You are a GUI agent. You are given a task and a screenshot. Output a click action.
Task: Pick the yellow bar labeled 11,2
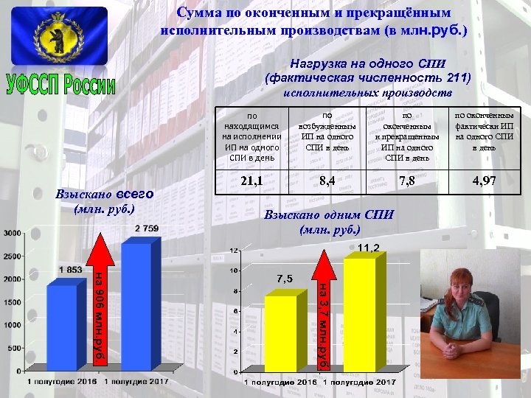(x=358, y=313)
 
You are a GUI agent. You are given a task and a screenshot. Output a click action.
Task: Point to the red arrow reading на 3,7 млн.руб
(x=322, y=310)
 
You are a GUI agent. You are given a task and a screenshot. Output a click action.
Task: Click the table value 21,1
(x=251, y=181)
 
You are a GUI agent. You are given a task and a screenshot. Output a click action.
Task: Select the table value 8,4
(x=327, y=181)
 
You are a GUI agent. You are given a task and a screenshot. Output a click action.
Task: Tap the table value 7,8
(x=406, y=181)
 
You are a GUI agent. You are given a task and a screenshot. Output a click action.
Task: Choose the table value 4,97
(x=485, y=181)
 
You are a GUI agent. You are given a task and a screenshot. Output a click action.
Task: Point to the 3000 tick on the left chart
(x=13, y=233)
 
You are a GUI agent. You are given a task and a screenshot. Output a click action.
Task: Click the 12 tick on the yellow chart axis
(x=235, y=251)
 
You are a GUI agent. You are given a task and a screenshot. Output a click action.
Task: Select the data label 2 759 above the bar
(x=146, y=228)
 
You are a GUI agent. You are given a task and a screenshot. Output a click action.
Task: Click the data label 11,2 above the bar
(x=369, y=248)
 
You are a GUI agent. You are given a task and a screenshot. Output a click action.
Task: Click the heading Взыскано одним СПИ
(x=329, y=214)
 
